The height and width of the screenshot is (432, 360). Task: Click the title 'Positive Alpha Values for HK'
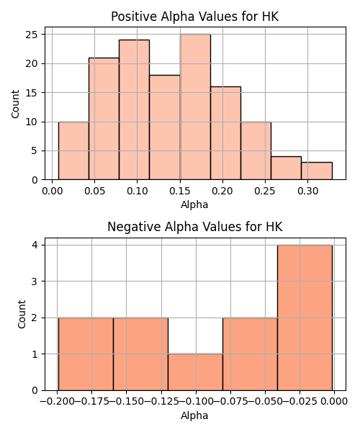coord(194,17)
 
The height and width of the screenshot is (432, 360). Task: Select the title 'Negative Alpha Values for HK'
coord(194,227)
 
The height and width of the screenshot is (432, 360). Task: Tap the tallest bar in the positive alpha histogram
coord(195,107)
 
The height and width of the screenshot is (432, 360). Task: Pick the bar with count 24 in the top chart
coord(135,109)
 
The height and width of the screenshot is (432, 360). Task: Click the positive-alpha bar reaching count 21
coord(104,119)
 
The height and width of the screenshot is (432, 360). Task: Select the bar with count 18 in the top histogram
coord(165,127)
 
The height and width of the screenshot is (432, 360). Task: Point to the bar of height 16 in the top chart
coord(225,133)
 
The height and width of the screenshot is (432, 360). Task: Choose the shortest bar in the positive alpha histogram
coord(317,171)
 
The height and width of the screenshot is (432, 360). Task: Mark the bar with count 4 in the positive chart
coord(286,168)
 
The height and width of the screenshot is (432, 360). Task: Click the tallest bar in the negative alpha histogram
coord(305,318)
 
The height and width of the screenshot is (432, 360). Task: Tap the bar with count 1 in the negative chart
coord(195,372)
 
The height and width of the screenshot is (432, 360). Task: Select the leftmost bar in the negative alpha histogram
coord(86,354)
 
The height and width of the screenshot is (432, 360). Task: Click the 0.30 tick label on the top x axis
coord(308,191)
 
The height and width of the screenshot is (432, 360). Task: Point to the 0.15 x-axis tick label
coord(180,191)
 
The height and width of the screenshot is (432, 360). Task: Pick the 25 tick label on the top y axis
coord(32,35)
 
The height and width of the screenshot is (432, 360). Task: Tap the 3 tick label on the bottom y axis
coord(35,282)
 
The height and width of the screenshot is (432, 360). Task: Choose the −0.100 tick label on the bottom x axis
coord(196,401)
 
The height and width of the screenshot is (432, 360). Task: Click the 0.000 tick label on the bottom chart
coord(334,401)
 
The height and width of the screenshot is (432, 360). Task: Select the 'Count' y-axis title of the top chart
coord(15,104)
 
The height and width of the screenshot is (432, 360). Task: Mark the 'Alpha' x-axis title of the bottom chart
coord(194,415)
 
